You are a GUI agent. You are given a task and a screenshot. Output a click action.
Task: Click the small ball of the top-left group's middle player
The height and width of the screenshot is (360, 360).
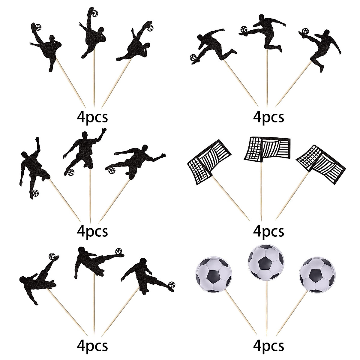coord(95,13)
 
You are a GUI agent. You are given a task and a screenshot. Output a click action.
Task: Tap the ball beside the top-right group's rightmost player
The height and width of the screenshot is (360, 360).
coord(305,31)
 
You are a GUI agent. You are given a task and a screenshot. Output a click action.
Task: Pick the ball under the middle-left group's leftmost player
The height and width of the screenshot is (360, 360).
coord(35,192)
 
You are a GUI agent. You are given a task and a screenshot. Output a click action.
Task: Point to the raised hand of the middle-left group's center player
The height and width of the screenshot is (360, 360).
coord(104,131)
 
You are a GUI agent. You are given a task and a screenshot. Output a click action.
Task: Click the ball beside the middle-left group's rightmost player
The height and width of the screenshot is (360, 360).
coord(112,171)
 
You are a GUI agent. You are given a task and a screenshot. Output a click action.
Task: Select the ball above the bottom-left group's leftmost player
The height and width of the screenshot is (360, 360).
coord(53,256)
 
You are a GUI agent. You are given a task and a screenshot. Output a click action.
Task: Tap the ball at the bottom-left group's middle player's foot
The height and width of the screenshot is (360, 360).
coord(119,250)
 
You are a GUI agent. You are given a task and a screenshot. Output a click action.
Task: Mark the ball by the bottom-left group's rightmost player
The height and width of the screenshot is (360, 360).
coord(171,284)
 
